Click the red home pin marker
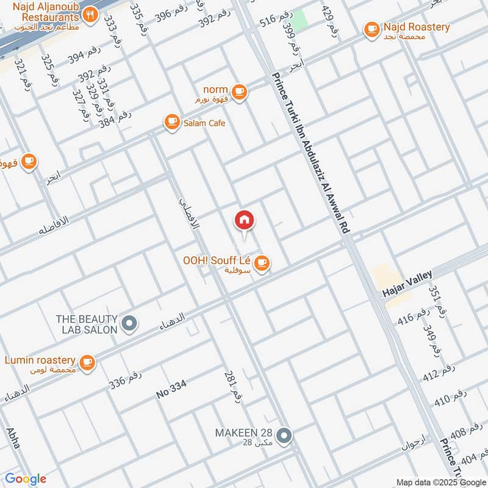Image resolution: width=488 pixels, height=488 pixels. (x=245, y=220)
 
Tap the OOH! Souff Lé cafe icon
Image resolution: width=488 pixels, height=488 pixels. (x=262, y=263)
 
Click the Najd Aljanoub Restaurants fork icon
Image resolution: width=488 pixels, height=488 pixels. (x=90, y=15)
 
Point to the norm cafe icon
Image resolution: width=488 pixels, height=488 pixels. (x=239, y=91)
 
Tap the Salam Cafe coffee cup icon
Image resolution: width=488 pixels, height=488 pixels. (x=171, y=123)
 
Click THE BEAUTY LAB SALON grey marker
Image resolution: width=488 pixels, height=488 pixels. (x=129, y=324)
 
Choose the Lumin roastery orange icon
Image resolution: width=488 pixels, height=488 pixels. (x=88, y=362)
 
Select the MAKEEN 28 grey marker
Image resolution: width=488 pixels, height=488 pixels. (x=283, y=436)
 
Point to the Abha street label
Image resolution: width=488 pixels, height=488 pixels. (x=13, y=438)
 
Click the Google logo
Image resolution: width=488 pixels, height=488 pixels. (x=26, y=479)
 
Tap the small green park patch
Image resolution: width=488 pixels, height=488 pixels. (x=298, y=20)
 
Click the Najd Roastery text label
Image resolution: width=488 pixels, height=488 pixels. (x=416, y=27)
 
